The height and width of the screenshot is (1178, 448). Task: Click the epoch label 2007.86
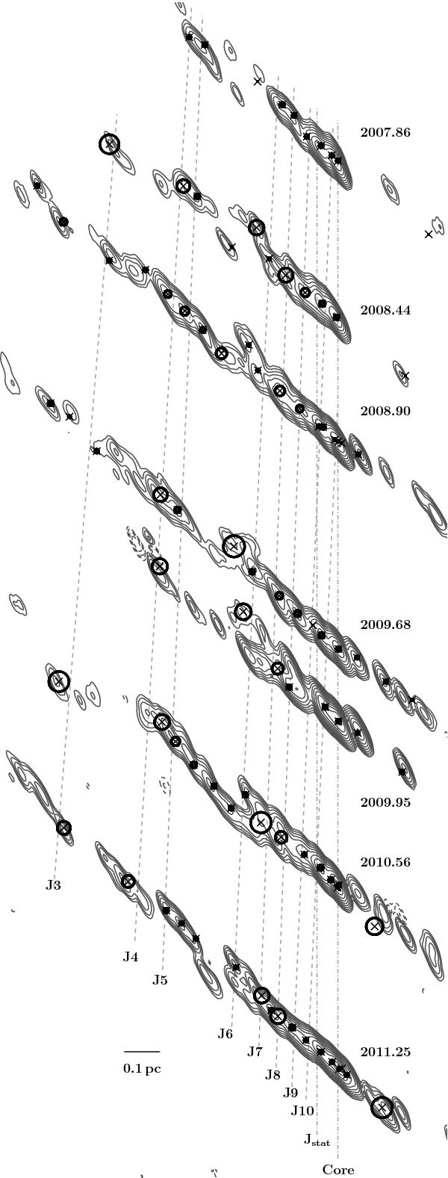(x=385, y=132)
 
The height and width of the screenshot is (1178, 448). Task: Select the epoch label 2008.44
(x=385, y=310)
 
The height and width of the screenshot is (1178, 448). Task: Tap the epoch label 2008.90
(x=385, y=411)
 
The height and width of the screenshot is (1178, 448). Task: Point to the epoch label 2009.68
(x=385, y=624)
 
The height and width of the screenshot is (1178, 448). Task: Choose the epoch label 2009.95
(x=385, y=802)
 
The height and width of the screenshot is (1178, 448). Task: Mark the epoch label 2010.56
(x=385, y=862)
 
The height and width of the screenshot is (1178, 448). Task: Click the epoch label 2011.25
(x=385, y=1053)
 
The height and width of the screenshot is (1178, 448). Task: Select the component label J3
(x=53, y=885)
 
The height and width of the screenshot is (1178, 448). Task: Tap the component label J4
(x=131, y=957)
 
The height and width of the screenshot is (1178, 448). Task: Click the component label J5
(x=160, y=980)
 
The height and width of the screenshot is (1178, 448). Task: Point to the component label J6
(x=225, y=1033)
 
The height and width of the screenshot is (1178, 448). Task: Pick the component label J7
(x=255, y=1051)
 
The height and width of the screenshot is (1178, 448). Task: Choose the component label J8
(x=273, y=1075)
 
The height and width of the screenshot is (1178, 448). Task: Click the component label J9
(x=290, y=1093)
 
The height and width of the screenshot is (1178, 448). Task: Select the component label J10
(x=302, y=1111)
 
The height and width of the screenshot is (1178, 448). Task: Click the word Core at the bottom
(x=338, y=1170)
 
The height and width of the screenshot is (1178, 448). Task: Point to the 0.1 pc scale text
(x=142, y=1069)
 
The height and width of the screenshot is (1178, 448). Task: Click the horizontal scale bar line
(x=142, y=1051)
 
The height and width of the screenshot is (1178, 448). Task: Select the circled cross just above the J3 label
(x=63, y=828)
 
